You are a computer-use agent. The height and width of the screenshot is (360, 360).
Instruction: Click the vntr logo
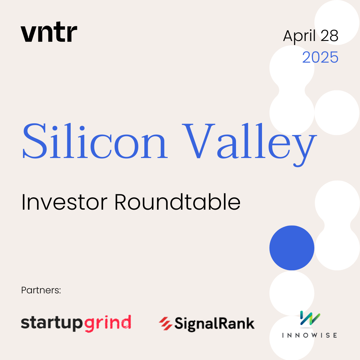pyautogui.click(x=49, y=32)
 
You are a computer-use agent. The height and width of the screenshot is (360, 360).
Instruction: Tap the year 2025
pyautogui.click(x=320, y=57)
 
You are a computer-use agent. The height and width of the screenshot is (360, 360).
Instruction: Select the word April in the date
pyautogui.click(x=299, y=36)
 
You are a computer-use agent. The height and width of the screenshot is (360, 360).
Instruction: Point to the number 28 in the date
pyautogui.click(x=329, y=36)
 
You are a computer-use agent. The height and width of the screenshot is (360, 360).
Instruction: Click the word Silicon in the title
pyautogui.click(x=95, y=141)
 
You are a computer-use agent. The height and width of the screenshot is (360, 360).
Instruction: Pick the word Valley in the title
pyautogui.click(x=249, y=144)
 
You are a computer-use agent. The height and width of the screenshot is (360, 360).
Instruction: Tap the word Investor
pyautogui.click(x=64, y=202)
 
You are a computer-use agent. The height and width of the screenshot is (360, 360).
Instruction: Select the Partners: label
pyautogui.click(x=41, y=290)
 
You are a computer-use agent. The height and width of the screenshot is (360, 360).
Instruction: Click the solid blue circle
pyautogui.click(x=292, y=248)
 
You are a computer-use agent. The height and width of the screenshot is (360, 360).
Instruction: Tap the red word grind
pyautogui.click(x=108, y=324)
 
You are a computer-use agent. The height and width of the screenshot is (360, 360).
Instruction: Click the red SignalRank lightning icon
pyautogui.click(x=166, y=323)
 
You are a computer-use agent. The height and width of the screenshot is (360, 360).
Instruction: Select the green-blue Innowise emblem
pyautogui.click(x=310, y=318)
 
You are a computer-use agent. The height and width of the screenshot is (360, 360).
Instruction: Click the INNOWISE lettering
pyautogui.click(x=309, y=335)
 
